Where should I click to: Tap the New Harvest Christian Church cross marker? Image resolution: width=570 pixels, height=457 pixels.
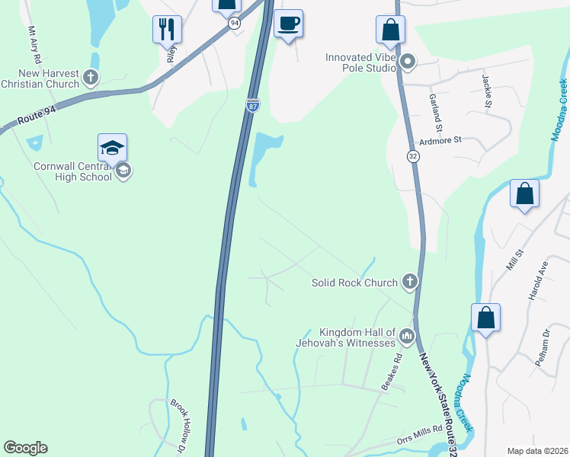tap(91, 77)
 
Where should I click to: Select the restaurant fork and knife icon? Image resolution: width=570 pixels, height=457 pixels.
tap(167, 30)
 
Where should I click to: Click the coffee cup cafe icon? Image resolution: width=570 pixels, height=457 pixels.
tap(288, 24)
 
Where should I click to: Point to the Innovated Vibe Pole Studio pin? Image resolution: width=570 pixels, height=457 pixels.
tap(408, 62)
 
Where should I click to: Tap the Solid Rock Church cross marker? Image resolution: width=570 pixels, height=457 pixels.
tap(410, 283)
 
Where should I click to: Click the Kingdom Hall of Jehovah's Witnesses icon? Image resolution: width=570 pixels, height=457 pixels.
tap(407, 335)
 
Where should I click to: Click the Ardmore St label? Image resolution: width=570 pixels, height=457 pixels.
tap(441, 141)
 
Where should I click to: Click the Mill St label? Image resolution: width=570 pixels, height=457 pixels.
tap(511, 260)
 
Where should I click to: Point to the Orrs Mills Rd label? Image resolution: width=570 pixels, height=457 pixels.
tap(419, 434)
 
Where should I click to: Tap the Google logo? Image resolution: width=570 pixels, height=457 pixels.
tap(26, 448)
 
